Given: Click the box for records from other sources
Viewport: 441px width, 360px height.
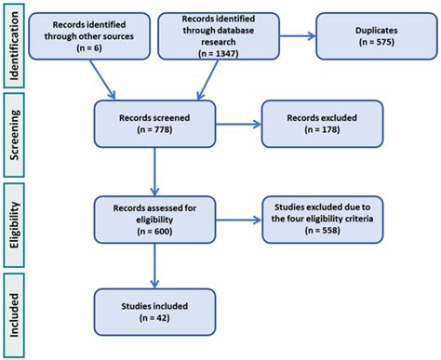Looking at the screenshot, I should coord(81,34).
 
